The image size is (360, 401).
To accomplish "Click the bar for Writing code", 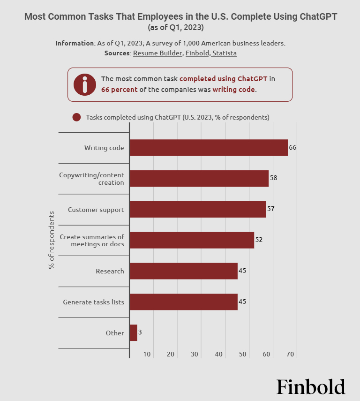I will pos(209,148).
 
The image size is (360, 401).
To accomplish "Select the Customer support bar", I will pos(198,209).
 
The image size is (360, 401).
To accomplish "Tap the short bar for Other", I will pos(133,333).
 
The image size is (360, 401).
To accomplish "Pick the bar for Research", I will pos(183,271).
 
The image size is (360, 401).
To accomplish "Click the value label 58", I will pos(274,178).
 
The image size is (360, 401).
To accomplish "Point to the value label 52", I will pos(259,240).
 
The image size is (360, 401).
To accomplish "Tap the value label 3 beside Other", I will pos(140,333).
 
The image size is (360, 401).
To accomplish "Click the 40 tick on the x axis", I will pos(218,354).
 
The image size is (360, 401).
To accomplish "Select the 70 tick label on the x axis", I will pos(290,354).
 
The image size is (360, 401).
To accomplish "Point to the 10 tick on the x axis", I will pos(147,354).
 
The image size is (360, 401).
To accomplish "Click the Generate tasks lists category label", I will pos(94,302).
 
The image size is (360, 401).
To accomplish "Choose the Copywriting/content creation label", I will pos(91,179).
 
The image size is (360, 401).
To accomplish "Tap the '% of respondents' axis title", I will pos(51,240).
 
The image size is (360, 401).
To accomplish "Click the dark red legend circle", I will pos(76,117).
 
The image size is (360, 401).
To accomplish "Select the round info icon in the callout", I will pos(85,84).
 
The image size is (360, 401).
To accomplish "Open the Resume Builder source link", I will pos(157,53).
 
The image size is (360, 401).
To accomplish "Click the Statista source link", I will pos(224,53).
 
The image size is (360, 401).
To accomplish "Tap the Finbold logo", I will pos(311,387).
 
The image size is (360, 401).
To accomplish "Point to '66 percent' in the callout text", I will pos(120,89).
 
